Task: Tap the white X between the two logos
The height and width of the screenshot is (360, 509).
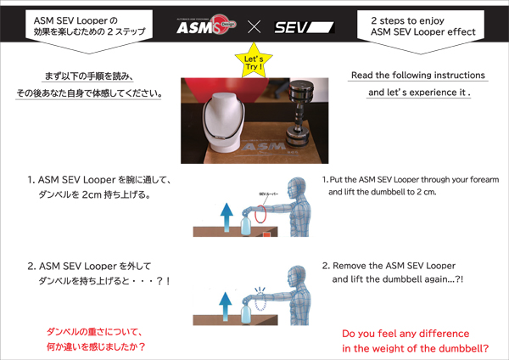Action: pyautogui.click(x=253, y=27)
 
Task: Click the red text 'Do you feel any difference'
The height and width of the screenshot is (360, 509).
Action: pyautogui.click(x=406, y=334)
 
